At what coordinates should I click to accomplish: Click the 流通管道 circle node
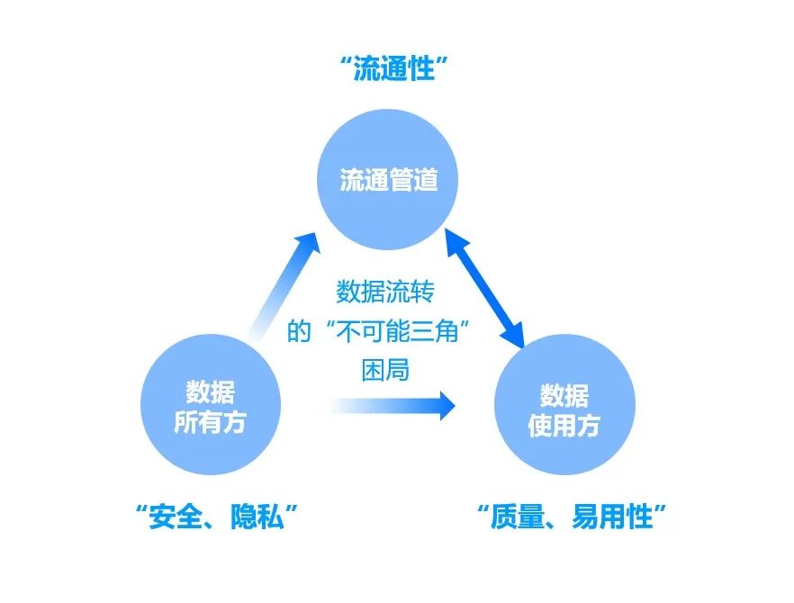389,179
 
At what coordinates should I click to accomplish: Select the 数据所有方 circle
209,407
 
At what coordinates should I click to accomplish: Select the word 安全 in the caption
177,517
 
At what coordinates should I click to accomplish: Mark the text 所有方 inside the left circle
209,423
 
